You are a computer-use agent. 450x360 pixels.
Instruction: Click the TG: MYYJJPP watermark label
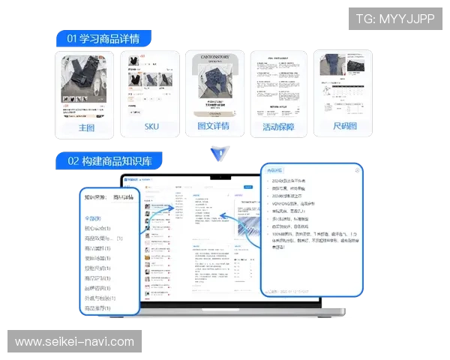tap(395, 18)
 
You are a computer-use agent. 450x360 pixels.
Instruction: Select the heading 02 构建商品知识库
tap(110, 160)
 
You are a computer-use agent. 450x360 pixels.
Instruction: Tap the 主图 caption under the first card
tap(86, 127)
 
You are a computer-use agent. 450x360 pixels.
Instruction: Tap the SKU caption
tap(151, 127)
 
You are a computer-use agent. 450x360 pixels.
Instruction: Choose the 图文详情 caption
tap(215, 127)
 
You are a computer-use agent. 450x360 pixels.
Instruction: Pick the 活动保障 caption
tap(278, 127)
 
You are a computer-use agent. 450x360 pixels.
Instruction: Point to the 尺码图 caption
tap(344, 127)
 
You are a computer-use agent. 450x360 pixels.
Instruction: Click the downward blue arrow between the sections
tap(219, 154)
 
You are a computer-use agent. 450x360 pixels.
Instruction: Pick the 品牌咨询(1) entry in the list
tap(97, 288)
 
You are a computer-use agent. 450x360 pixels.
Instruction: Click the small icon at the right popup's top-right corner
tap(356, 170)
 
